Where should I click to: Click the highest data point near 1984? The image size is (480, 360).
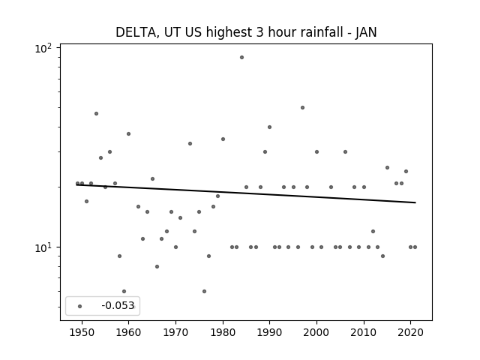(241, 57)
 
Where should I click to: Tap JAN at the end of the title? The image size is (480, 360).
(366, 32)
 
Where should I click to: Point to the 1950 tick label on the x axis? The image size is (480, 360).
(82, 332)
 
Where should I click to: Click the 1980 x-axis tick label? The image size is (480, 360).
(223, 332)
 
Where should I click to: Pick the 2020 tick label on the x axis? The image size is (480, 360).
(410, 332)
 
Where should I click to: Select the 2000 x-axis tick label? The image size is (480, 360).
(316, 332)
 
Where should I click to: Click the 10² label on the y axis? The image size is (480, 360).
(43, 48)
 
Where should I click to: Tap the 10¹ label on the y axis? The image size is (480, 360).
(43, 247)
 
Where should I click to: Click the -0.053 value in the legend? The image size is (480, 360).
(118, 305)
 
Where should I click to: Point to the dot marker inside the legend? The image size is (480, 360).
(79, 306)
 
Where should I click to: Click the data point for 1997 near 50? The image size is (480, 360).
(302, 107)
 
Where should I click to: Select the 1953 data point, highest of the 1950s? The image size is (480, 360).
(96, 113)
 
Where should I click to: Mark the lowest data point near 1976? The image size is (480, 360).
(204, 291)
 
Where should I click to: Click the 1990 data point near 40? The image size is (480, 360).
(269, 127)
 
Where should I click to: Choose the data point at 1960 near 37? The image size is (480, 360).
(128, 133)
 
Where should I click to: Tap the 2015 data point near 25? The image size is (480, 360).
(387, 167)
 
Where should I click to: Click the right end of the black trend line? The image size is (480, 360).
(415, 202)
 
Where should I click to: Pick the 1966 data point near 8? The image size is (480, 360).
(157, 267)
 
